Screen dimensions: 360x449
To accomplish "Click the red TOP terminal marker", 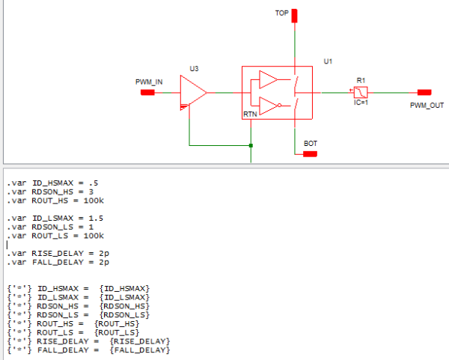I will point(295,16).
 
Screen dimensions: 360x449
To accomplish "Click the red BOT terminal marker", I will point(310,153).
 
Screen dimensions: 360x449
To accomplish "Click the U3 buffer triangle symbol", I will point(193,94).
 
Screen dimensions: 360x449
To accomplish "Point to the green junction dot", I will point(251,145).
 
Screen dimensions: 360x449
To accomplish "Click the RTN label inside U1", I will point(250,115).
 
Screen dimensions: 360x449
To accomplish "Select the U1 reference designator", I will point(328,61).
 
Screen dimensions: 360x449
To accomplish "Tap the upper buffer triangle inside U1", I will point(268,79).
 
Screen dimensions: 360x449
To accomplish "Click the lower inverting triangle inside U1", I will point(268,106).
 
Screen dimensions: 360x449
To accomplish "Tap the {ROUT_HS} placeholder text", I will point(122,323).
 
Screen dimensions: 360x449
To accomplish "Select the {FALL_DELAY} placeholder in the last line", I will point(139,350).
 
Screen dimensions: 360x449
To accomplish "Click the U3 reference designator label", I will point(194,69).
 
